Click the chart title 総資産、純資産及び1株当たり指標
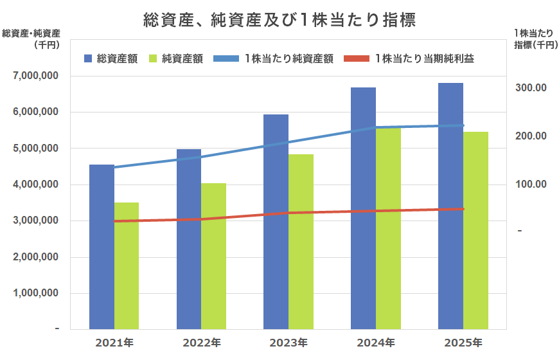[x=279, y=20]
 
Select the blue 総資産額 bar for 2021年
[x=102, y=247]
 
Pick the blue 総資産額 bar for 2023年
[x=276, y=222]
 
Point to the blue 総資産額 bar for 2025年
[x=451, y=206]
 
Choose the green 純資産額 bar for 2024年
[x=388, y=228]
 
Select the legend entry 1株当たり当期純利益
[x=425, y=59]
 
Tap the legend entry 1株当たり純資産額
[x=288, y=59]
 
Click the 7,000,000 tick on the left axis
[x=35, y=76]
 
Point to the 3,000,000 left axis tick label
[x=35, y=221]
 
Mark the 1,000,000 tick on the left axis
[x=35, y=293]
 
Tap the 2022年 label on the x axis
[x=202, y=343]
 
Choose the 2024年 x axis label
[x=376, y=343]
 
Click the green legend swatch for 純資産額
[x=153, y=59]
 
